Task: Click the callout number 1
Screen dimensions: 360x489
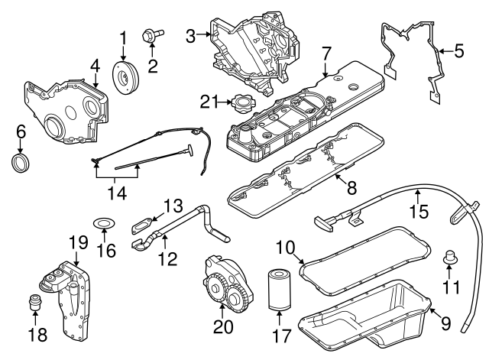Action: coord(122,36)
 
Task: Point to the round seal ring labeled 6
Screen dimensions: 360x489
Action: coord(21,163)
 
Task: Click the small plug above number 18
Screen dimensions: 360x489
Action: coord(34,301)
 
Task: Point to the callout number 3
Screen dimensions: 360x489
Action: coord(191,34)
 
